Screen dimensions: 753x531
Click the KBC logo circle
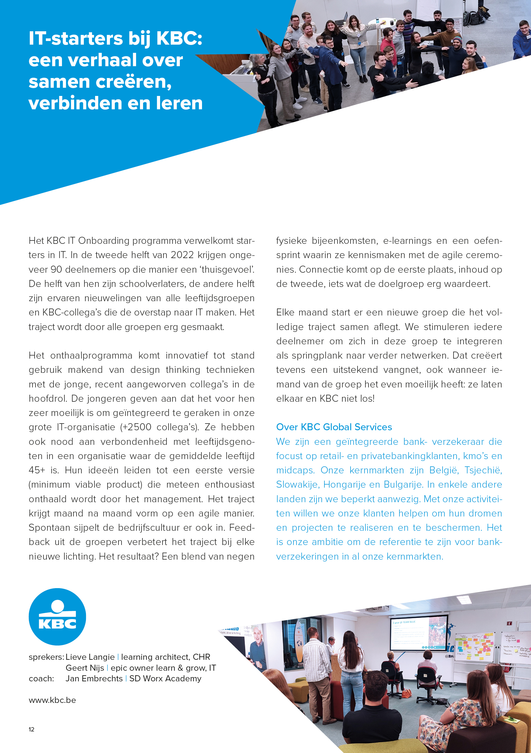tap(57, 617)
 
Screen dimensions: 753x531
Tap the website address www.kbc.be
tap(52, 700)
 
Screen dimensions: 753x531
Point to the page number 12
tap(32, 729)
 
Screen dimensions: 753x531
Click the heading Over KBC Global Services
tap(334, 427)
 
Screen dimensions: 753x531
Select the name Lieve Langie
tap(90, 657)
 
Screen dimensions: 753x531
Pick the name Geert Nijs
tap(85, 668)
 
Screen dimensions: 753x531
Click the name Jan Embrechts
tap(94, 678)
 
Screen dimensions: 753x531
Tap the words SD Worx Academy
tap(165, 678)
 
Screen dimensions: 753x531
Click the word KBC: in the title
tap(179, 39)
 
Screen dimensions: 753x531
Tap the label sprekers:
tap(46, 657)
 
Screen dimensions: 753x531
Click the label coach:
tap(41, 678)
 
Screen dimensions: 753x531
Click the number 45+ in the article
tap(36, 470)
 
